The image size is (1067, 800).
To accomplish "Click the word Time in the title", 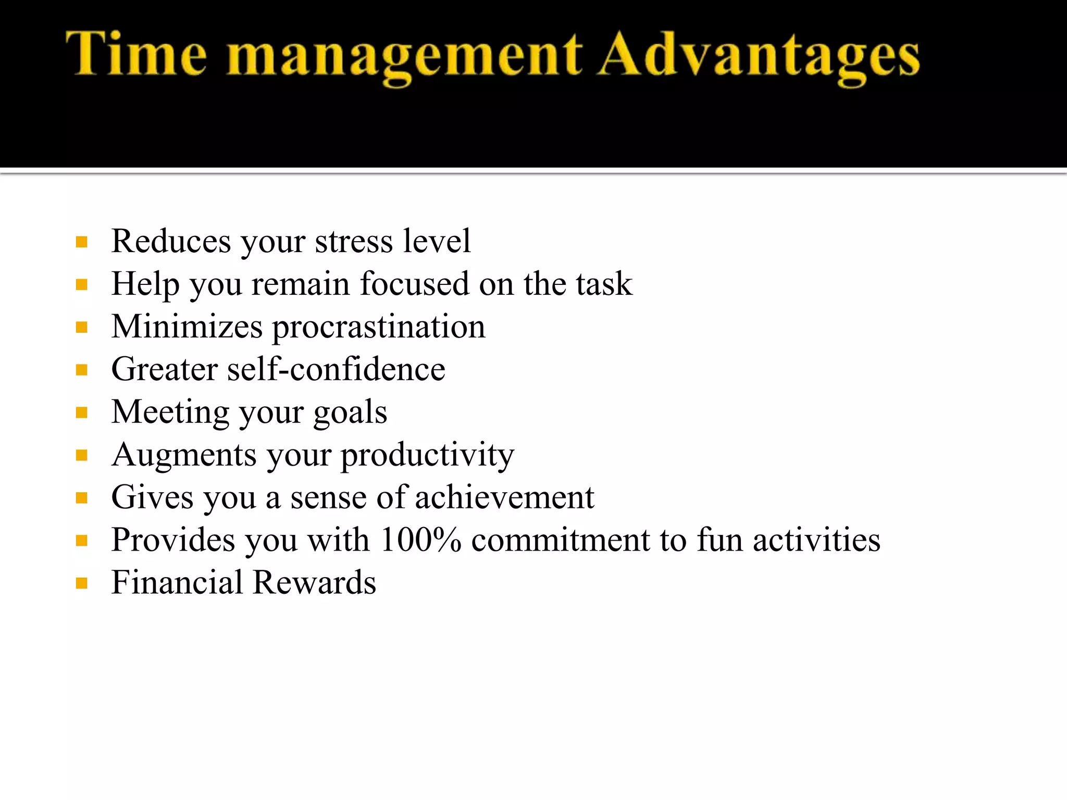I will pos(137,54).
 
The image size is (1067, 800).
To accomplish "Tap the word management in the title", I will pos(404,57).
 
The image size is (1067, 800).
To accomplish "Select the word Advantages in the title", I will pos(758,57).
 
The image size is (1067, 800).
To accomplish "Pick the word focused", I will pos(415,284).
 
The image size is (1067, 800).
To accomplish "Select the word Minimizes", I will pos(187,327).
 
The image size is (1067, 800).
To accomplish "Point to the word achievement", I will pos(504,498).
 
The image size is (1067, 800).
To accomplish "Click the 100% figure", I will pos(421,540).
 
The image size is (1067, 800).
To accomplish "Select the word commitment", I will pos(560,541).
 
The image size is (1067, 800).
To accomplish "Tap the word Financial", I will pos(177,583).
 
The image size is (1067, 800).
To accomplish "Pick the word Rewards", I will pos(314,583).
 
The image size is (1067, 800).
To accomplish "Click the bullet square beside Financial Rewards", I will pos(81,583).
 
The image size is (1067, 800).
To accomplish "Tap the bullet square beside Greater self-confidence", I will pos(81,370).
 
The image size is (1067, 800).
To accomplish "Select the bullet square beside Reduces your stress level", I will pos(81,242).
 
